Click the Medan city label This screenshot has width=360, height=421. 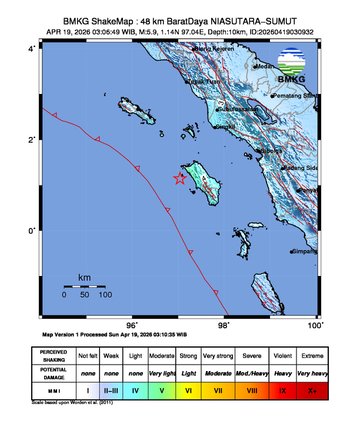pos(265,67)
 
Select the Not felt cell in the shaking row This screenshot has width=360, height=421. pos(87,355)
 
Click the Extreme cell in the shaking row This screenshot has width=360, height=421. pos(313,355)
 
